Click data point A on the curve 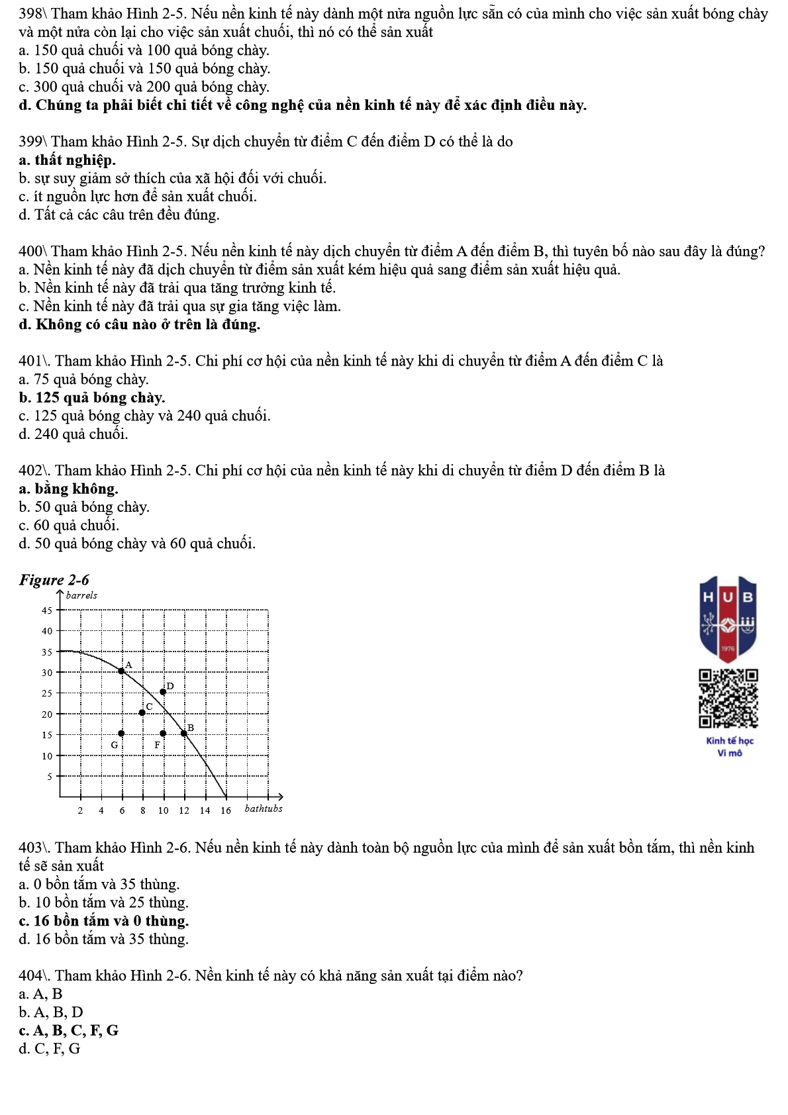pos(122,671)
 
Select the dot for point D pos(163,692)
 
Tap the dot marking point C pos(142,712)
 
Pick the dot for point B pos(184,733)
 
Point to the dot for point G pos(121,733)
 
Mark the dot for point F pos(163,733)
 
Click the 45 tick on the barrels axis pos(47,610)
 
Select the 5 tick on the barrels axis pos(49,776)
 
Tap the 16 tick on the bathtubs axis pos(226,810)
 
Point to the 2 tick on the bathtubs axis pos(80,810)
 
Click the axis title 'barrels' pos(81,595)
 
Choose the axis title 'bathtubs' pos(264,808)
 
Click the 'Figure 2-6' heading pos(54,580)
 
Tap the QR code pos(728,699)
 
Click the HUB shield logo pos(728,618)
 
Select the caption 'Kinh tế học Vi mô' pos(730,747)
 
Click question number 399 pos(31,142)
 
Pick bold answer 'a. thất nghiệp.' pos(68,160)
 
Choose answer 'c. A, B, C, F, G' pos(69,1030)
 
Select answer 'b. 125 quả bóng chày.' pos(92,398)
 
